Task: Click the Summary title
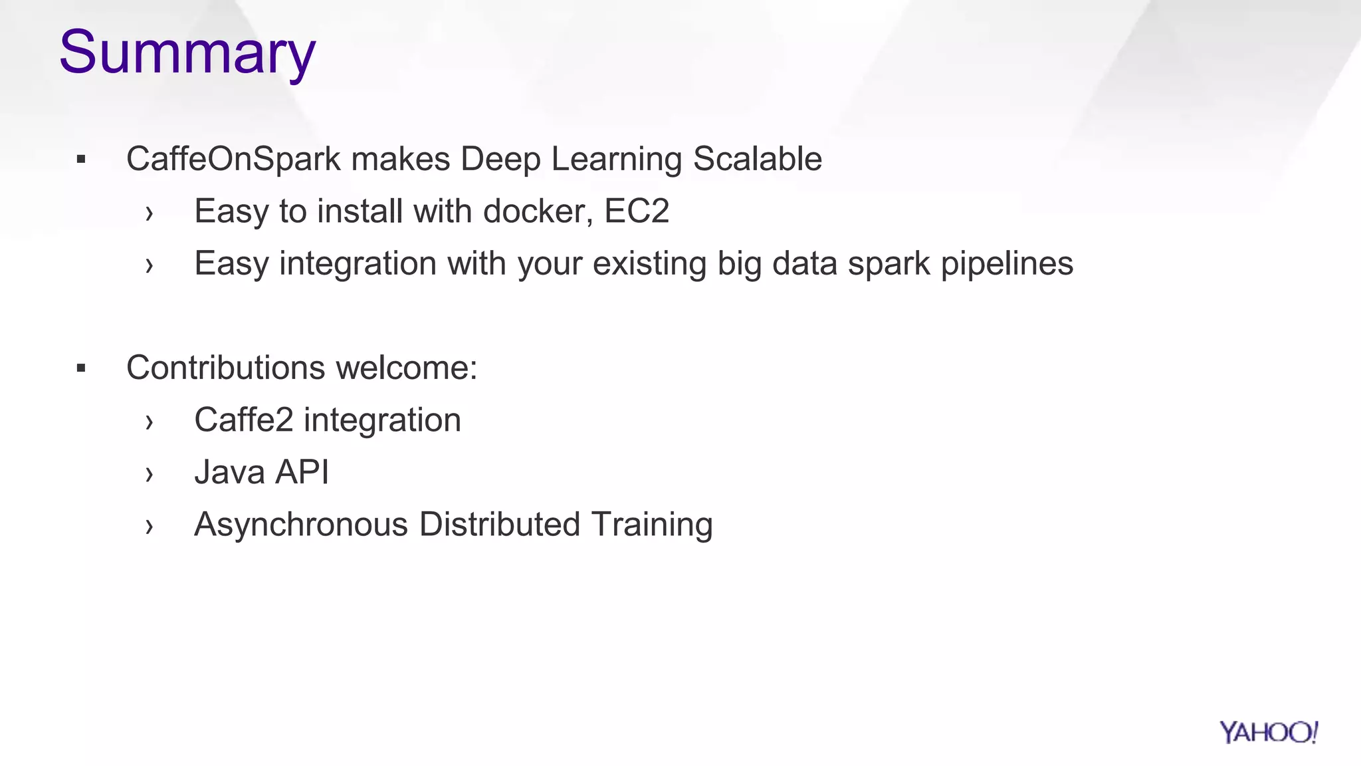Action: point(187,53)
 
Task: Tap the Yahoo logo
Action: point(1268,732)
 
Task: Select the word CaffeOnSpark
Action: point(233,160)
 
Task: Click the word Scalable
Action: point(757,160)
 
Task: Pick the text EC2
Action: point(636,211)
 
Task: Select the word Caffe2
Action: point(243,420)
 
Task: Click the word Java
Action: point(229,473)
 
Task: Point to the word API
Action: point(302,473)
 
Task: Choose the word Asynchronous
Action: point(300,525)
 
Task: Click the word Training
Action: point(651,525)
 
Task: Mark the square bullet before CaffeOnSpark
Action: point(81,160)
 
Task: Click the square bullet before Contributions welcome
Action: point(81,368)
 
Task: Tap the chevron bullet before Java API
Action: point(149,474)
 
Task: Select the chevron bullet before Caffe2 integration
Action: point(149,422)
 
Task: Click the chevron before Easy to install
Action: point(149,213)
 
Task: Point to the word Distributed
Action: point(500,525)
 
